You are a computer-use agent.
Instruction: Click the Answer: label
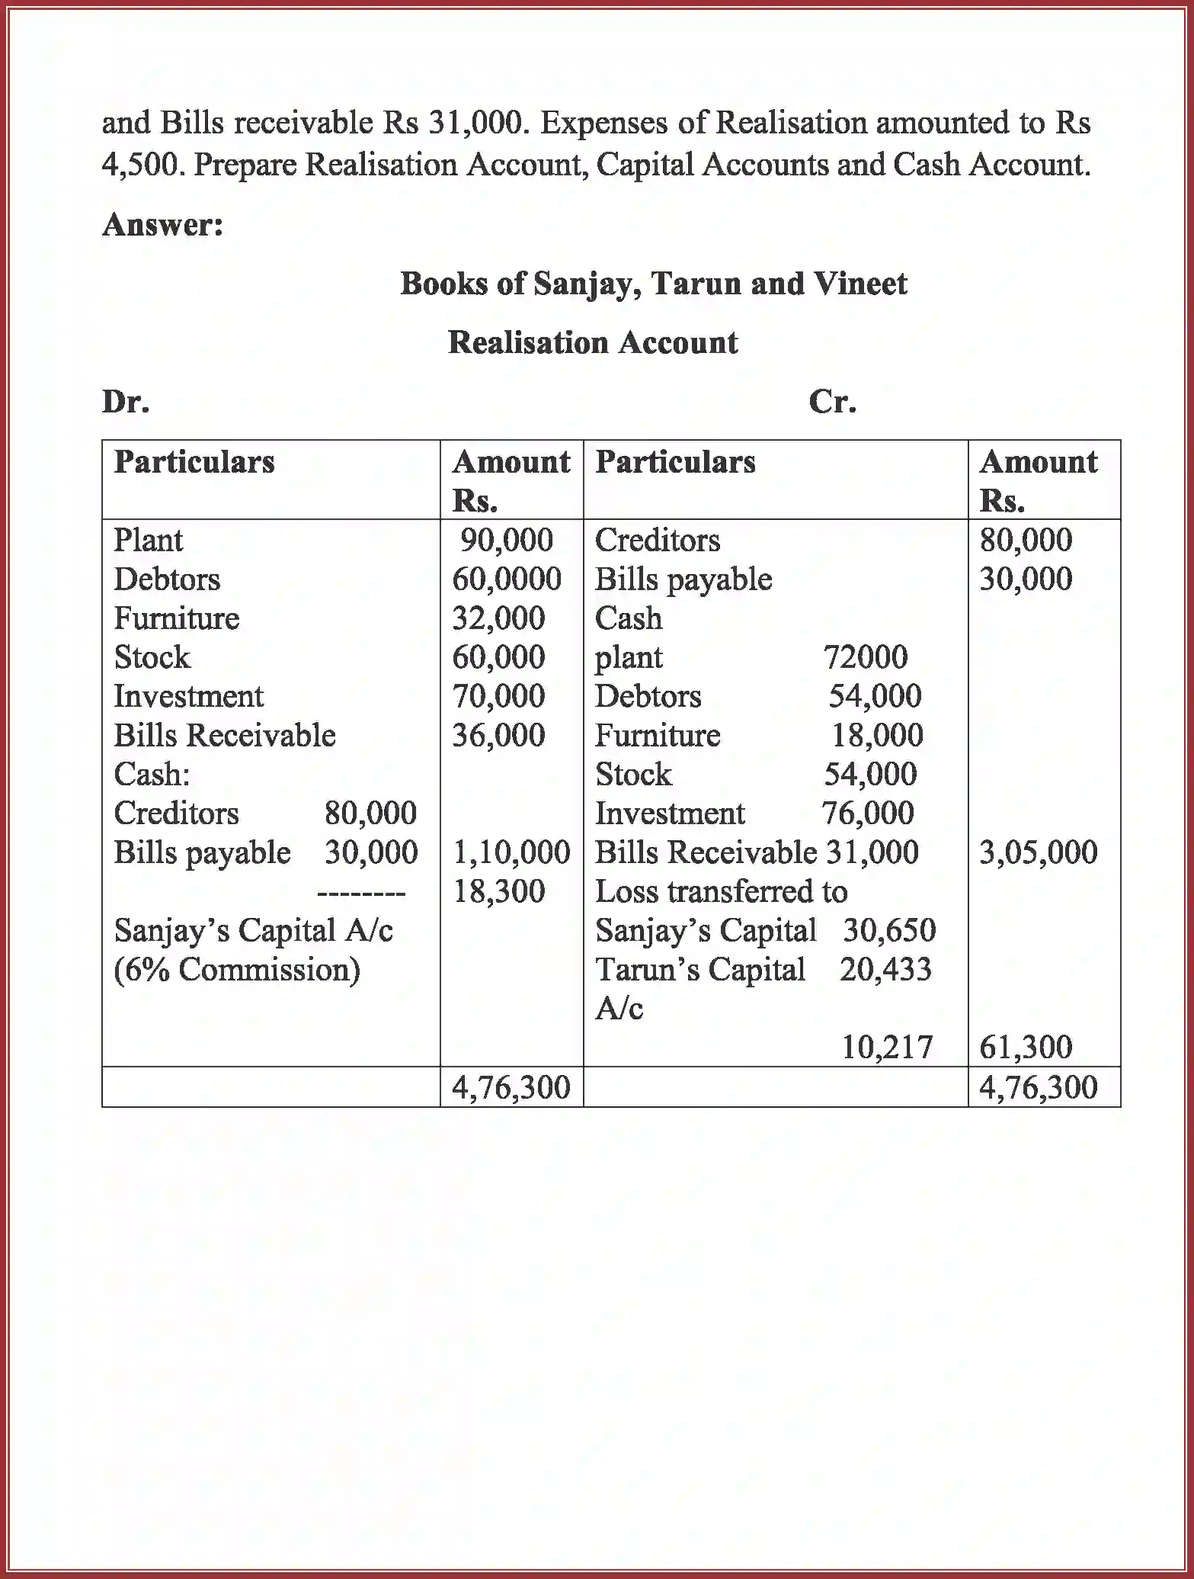(x=163, y=225)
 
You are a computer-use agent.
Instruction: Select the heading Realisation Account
(x=592, y=342)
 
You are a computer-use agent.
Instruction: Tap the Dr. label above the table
(x=126, y=402)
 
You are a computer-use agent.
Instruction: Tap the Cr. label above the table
(x=832, y=402)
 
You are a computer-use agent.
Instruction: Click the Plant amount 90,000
(x=506, y=541)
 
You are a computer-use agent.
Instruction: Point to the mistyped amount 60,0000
(x=507, y=579)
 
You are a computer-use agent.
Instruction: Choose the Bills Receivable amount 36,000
(x=498, y=736)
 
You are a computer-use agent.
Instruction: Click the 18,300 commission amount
(x=499, y=891)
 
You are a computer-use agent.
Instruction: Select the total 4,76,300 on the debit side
(x=511, y=1087)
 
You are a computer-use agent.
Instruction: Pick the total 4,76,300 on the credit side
(x=1038, y=1087)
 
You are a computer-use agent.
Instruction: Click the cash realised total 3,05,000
(x=1038, y=852)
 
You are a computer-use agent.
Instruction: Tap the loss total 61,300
(x=1026, y=1048)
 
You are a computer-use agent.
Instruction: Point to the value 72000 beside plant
(x=866, y=657)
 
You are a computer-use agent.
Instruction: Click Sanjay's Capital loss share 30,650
(x=889, y=930)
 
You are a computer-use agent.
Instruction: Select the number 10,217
(x=887, y=1048)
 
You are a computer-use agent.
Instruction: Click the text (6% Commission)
(x=237, y=970)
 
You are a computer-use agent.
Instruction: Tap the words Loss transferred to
(x=721, y=891)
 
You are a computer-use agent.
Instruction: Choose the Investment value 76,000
(x=868, y=814)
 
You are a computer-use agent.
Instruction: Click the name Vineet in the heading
(x=860, y=284)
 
